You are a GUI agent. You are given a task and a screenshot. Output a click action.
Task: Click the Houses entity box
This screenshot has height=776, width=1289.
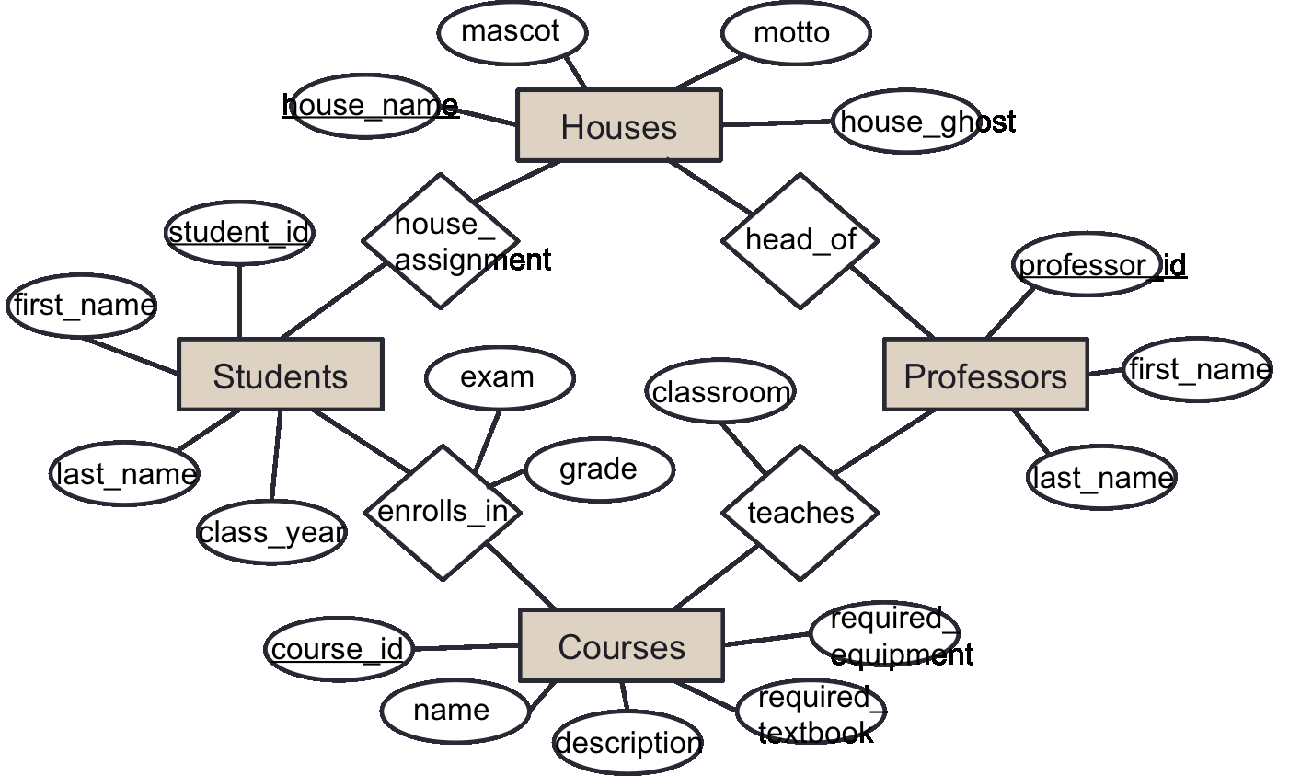(619, 125)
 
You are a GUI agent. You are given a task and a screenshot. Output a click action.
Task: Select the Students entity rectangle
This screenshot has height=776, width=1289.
(280, 375)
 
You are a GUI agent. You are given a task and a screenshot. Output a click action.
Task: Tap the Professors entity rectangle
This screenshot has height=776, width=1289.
(985, 375)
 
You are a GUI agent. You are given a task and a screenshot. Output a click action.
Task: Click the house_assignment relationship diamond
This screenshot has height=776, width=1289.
(442, 241)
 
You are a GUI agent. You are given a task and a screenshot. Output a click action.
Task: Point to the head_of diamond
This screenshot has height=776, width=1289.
(800, 240)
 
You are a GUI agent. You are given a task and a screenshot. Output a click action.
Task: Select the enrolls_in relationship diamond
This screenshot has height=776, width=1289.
(443, 513)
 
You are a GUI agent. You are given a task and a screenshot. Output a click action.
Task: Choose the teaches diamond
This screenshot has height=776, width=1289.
(800, 513)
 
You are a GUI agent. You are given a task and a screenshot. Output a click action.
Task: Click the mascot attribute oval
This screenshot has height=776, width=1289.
(512, 32)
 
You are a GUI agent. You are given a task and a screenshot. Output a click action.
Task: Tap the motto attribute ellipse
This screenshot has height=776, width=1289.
(795, 33)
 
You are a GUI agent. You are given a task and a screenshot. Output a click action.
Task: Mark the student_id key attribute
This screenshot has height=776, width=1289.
(239, 233)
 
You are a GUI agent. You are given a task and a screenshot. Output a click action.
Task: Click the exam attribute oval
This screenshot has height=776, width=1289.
(500, 377)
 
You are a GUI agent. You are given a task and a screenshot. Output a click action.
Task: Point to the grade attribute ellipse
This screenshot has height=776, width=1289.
(600, 469)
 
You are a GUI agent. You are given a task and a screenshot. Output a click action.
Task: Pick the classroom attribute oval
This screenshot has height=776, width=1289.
(720, 393)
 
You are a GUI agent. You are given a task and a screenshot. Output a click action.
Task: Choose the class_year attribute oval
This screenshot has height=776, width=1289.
(271, 532)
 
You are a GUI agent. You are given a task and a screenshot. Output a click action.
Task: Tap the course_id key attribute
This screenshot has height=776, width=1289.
(339, 649)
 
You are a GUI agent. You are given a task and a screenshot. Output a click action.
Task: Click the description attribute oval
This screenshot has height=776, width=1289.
(628, 742)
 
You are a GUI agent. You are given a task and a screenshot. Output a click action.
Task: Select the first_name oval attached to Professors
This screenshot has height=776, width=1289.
(1197, 369)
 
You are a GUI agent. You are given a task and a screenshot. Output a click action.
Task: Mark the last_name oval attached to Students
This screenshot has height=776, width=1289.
(124, 474)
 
